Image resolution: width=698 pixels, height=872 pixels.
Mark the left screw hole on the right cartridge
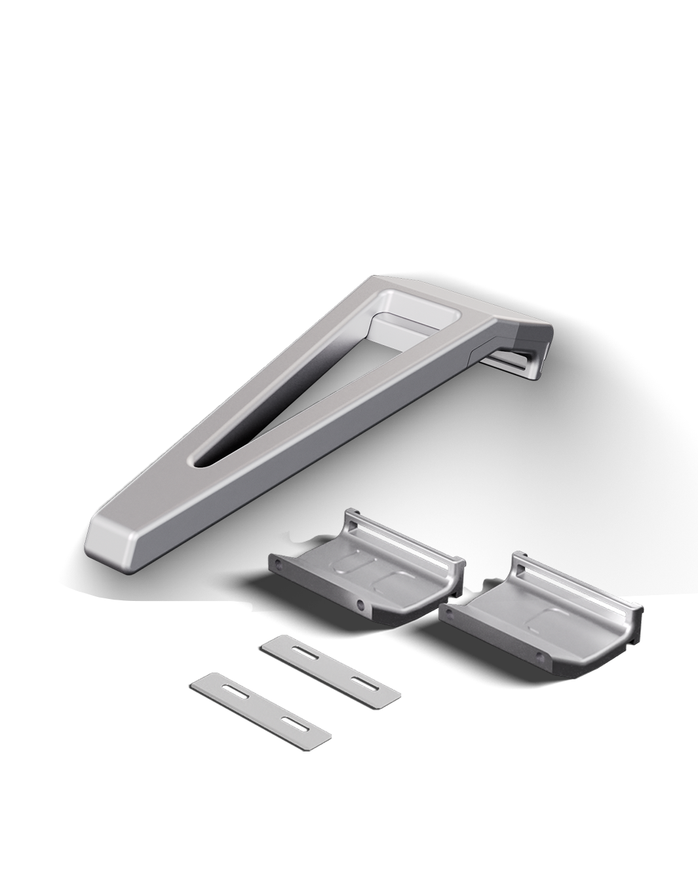(x=449, y=612)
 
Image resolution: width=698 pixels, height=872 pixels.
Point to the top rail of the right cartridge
(x=577, y=576)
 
